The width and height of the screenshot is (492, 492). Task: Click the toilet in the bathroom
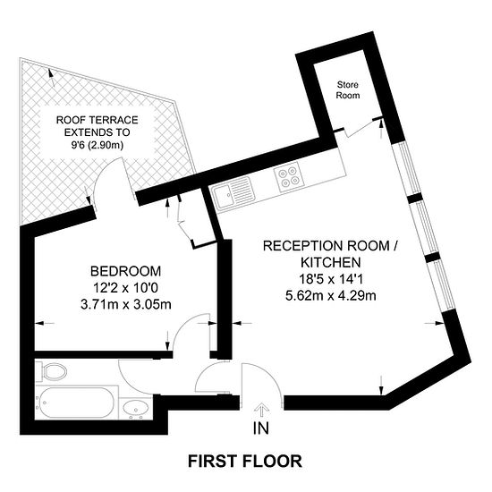(51, 372)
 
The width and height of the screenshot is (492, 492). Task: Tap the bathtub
(74, 403)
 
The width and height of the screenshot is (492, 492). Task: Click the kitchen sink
(232, 191)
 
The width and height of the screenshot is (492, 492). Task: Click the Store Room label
(348, 89)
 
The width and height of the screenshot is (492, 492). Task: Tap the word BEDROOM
(125, 271)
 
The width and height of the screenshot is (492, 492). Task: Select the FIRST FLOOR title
(245, 461)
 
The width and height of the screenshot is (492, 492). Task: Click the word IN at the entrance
(261, 428)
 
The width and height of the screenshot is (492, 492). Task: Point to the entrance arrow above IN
(260, 411)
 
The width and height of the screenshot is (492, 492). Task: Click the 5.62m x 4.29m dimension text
(331, 295)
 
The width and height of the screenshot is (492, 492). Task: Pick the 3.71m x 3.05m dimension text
(126, 304)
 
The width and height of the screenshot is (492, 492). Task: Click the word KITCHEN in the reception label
(331, 262)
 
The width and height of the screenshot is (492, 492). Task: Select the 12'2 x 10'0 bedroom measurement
(125, 288)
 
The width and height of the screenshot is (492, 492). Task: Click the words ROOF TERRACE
(97, 120)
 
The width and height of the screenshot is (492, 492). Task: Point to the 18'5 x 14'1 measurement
(331, 279)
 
